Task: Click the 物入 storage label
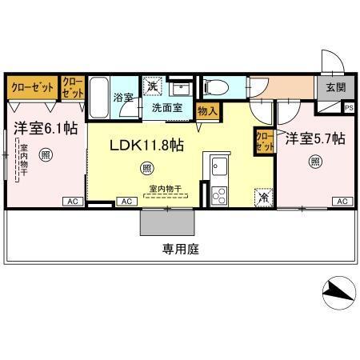(x=206, y=110)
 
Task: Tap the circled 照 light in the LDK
(x=146, y=168)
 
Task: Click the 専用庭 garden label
(x=182, y=249)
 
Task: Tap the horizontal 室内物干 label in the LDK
(x=165, y=189)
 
